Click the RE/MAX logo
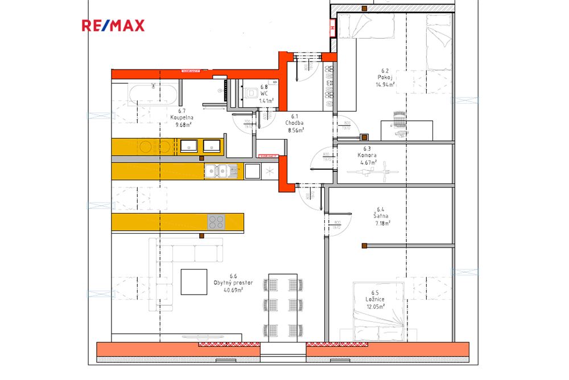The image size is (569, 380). coord(113,25)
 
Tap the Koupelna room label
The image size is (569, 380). coord(182,118)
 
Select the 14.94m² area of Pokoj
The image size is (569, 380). coord(385,84)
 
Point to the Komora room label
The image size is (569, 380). coord(368,155)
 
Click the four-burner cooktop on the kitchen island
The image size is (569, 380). coord(216,221)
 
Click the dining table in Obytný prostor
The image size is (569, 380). coord(283,308)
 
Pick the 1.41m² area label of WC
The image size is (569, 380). coord(266,100)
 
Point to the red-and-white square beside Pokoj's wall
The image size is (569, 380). coord(333,26)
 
